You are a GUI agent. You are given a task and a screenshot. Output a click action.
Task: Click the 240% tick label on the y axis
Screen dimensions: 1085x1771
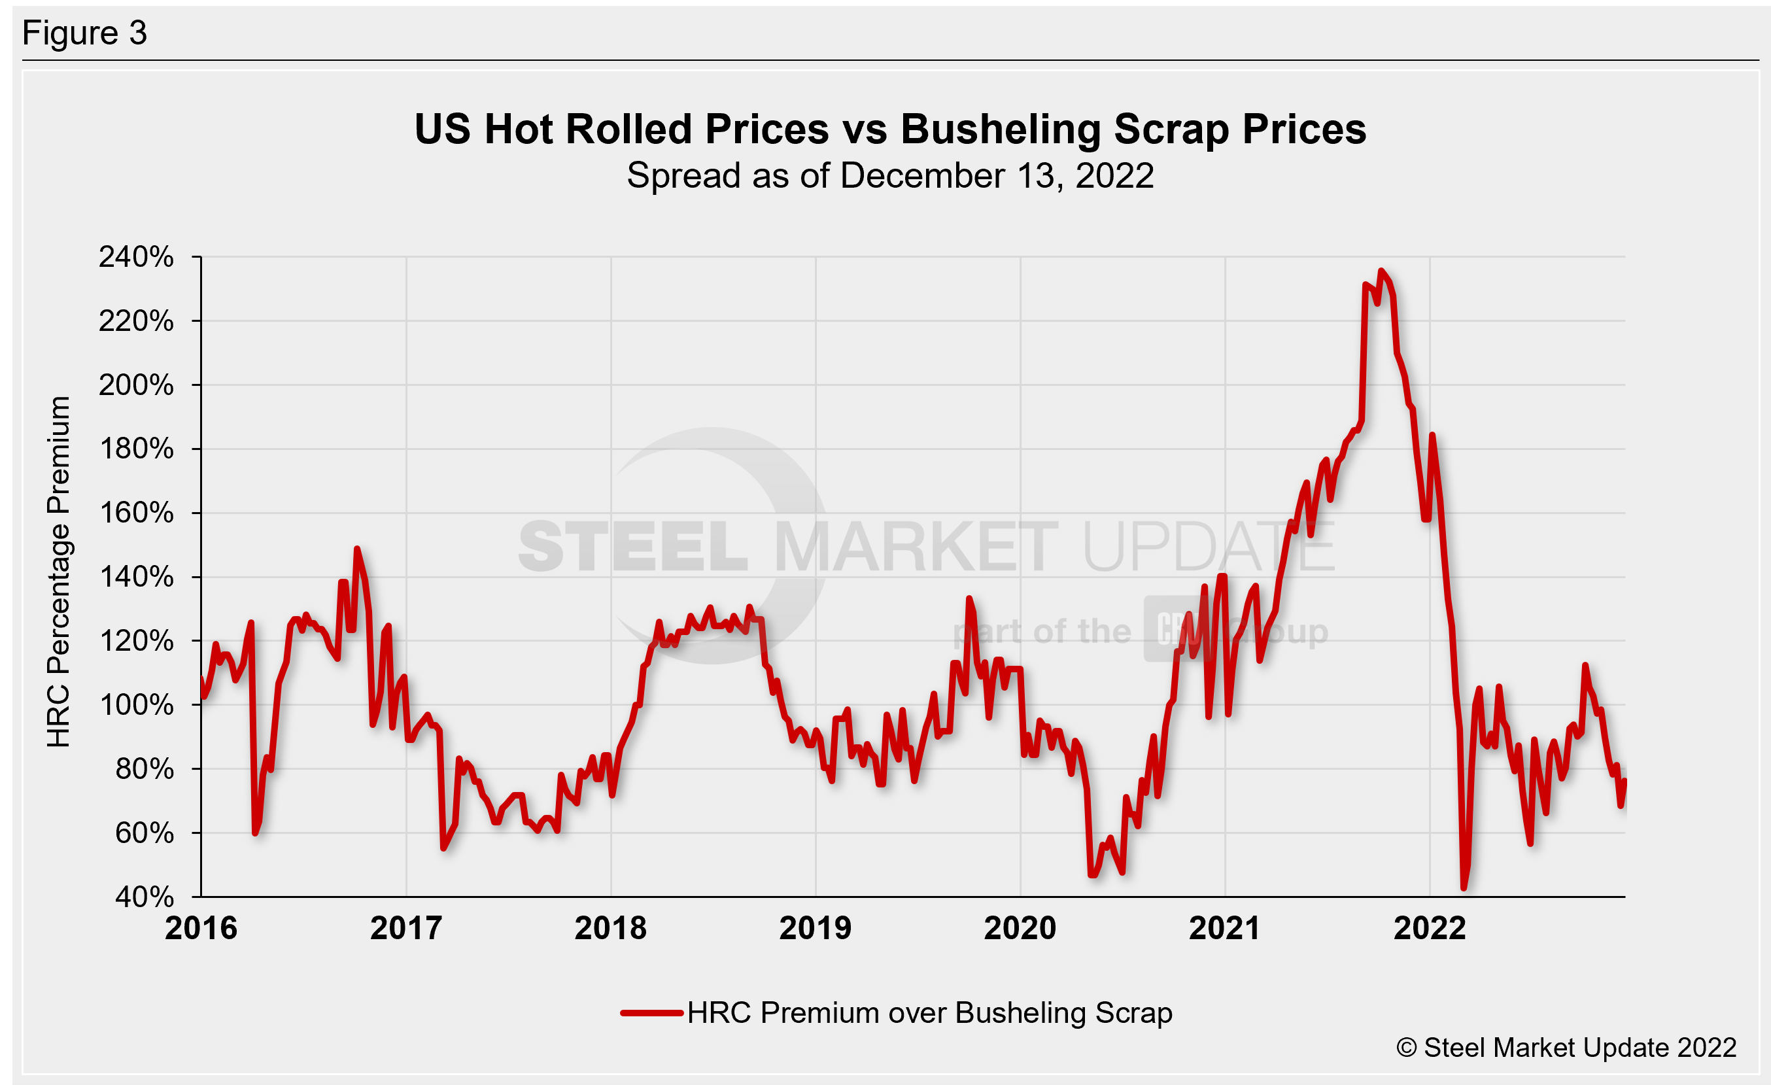pyautogui.click(x=136, y=257)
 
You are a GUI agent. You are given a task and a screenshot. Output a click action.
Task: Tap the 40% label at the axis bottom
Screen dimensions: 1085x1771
pyautogui.click(x=144, y=897)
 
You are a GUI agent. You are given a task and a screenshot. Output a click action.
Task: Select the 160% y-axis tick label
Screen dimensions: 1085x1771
pyautogui.click(x=136, y=513)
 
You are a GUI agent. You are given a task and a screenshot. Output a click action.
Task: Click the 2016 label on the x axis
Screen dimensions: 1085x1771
pyautogui.click(x=201, y=928)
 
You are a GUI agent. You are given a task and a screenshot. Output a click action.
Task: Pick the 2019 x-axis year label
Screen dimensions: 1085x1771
pyautogui.click(x=815, y=928)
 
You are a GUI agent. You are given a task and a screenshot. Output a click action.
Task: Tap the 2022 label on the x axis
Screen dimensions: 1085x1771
pyautogui.click(x=1430, y=928)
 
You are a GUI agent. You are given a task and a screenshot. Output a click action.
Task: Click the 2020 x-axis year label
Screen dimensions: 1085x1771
pyautogui.click(x=1020, y=928)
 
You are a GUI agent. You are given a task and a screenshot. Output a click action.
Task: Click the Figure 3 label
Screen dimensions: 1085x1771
pyautogui.click(x=85, y=33)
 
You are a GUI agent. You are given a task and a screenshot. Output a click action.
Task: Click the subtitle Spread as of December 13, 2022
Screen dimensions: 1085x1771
pyautogui.click(x=890, y=176)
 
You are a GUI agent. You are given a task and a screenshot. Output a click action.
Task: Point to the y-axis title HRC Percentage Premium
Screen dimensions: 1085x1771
pyautogui.click(x=58, y=572)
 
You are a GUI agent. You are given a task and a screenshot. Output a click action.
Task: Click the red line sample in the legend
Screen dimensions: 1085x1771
pyautogui.click(x=651, y=1013)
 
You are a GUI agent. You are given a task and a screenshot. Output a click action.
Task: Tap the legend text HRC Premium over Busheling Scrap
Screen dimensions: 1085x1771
pyautogui.click(x=929, y=1013)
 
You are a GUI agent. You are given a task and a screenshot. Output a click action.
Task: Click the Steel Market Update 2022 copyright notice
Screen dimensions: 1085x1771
pyautogui.click(x=1566, y=1048)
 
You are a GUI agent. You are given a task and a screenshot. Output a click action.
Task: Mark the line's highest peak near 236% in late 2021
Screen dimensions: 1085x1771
pyautogui.click(x=1381, y=271)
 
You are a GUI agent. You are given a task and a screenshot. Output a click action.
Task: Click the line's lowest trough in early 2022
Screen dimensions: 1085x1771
pyautogui.click(x=1464, y=888)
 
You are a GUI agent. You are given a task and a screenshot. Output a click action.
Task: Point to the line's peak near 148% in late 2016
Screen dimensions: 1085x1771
pyautogui.click(x=356, y=549)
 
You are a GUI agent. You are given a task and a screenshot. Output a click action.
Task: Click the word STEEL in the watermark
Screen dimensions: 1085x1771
pyautogui.click(x=632, y=547)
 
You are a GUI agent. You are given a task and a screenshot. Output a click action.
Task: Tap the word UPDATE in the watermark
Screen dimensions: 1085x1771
pyautogui.click(x=1207, y=547)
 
